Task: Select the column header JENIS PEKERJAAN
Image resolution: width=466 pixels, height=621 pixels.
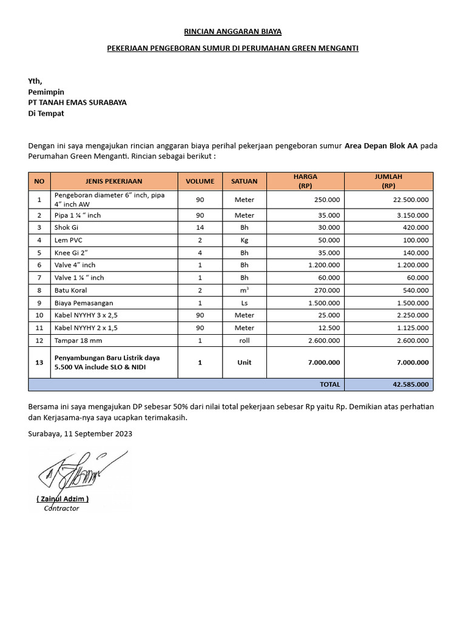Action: point(114,181)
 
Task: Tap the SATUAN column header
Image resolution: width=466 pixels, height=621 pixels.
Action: point(245,181)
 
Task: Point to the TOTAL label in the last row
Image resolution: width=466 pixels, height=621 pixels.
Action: point(329,384)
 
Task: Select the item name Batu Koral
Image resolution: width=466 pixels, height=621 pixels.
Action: point(70,290)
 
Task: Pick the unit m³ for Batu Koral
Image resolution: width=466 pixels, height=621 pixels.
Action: point(245,290)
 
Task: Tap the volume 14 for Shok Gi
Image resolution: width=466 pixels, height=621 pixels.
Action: point(200,227)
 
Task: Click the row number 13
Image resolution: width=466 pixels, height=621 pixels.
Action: point(39,362)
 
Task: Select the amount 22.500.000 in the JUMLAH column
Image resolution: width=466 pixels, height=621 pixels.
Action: point(410,200)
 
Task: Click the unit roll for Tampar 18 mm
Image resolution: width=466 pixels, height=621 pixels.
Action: point(245,340)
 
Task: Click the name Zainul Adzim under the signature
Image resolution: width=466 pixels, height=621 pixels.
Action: point(62,498)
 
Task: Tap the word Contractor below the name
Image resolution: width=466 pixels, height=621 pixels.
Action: point(61,508)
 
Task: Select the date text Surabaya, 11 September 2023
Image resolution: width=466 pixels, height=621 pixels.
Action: point(80,434)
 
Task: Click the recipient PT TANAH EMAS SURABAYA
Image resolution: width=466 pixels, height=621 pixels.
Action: point(78,102)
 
